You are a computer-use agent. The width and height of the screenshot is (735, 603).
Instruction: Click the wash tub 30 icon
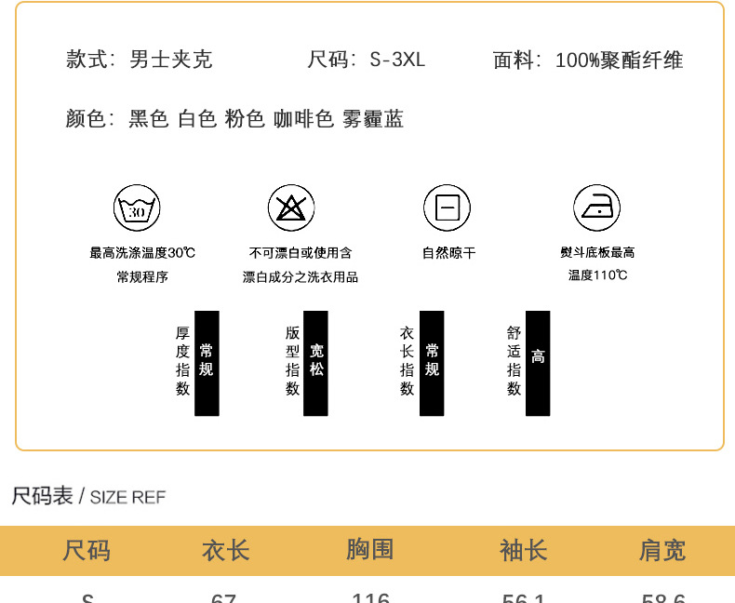tap(137, 208)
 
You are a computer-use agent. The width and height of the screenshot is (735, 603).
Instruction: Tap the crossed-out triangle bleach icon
tap(291, 208)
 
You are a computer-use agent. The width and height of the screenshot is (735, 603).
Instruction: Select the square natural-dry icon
tap(447, 208)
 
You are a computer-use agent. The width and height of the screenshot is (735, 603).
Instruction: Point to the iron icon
tap(596, 208)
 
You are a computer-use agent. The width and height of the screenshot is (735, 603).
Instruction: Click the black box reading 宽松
tap(316, 363)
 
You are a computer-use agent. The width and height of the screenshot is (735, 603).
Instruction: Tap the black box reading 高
tap(538, 363)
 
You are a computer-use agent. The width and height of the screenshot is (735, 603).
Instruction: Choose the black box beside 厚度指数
tap(207, 363)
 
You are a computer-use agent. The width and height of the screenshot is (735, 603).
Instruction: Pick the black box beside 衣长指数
tap(432, 363)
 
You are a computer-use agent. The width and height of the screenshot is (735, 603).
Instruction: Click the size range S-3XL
tap(397, 60)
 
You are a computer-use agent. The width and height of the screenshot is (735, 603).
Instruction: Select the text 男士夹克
tap(171, 60)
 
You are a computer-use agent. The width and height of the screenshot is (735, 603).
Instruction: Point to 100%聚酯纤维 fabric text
tap(619, 60)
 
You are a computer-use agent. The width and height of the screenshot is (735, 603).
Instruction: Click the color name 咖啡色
tap(303, 119)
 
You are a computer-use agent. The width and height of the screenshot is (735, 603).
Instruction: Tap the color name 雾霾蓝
tap(373, 119)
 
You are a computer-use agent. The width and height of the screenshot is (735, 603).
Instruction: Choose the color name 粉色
tap(245, 119)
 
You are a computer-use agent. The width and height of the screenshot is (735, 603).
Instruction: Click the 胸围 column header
tap(370, 550)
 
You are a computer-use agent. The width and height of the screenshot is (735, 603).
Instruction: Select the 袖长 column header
tap(524, 550)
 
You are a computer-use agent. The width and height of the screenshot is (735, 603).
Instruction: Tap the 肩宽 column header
tap(661, 550)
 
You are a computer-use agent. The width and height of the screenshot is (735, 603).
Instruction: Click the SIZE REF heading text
tap(127, 497)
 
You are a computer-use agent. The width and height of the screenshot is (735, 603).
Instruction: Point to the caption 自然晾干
tap(448, 252)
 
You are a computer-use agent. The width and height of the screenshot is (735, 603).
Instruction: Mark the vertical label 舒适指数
tap(514, 361)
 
